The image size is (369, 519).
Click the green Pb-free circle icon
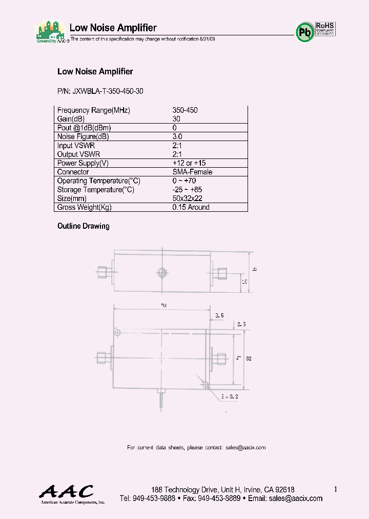click(x=305, y=32)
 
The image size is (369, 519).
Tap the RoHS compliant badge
click(x=325, y=28)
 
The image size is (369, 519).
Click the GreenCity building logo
click(x=51, y=33)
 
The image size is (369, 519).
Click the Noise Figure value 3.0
click(x=177, y=137)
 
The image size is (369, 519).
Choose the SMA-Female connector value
click(x=192, y=172)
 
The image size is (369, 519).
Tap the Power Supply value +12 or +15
click(x=189, y=163)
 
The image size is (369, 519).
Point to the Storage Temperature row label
click(x=95, y=190)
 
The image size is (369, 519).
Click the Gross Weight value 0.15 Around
click(x=191, y=207)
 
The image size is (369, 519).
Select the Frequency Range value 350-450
click(x=185, y=110)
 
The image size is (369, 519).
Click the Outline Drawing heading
click(x=83, y=226)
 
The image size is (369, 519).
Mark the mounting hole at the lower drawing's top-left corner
click(x=117, y=333)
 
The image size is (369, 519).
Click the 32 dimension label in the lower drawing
click(x=249, y=358)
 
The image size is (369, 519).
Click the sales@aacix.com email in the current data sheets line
click(x=245, y=448)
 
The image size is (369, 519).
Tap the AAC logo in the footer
click(x=67, y=492)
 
